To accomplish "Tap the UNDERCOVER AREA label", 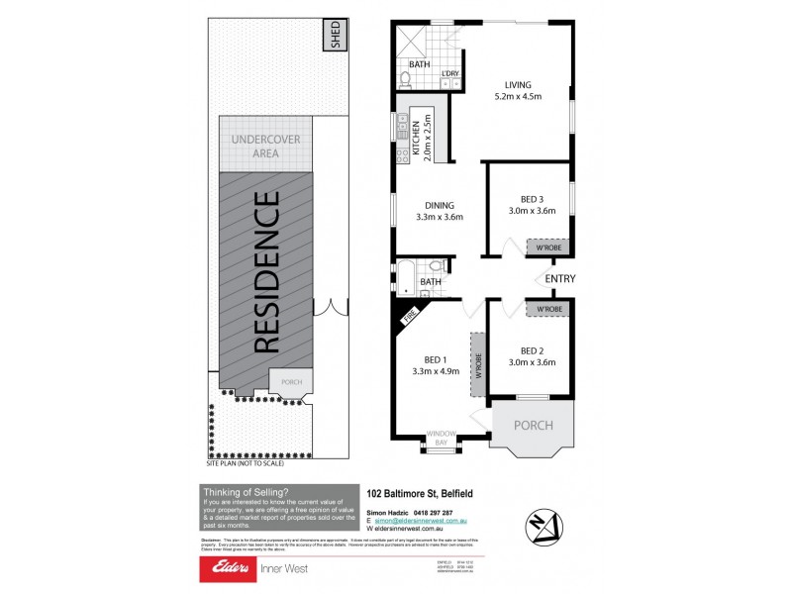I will (265, 147).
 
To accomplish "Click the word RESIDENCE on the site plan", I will (265, 272).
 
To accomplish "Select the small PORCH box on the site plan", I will (292, 381).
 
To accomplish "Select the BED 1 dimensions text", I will (437, 372).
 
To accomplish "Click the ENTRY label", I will (559, 279).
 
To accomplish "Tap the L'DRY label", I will (450, 73).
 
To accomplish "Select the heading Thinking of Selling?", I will (246, 492).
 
